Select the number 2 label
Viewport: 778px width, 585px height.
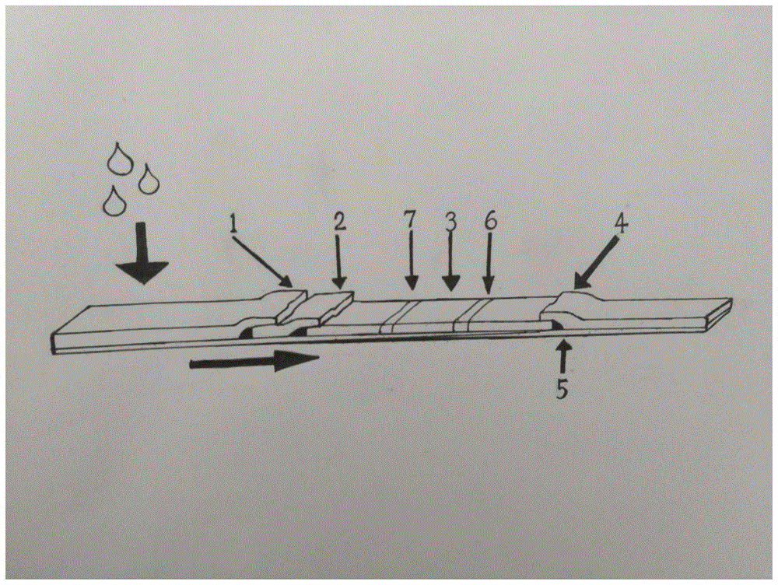point(339,221)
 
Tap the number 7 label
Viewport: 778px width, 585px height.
point(411,221)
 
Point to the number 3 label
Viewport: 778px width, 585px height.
point(450,222)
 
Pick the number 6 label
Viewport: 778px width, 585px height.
point(489,220)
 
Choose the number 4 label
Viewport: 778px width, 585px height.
point(620,224)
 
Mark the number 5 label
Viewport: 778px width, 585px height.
point(562,390)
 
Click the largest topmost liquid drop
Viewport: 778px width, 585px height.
point(119,158)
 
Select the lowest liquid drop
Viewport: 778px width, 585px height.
point(114,201)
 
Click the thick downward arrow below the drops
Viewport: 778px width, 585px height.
point(142,254)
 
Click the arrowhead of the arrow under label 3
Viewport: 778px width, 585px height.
point(450,282)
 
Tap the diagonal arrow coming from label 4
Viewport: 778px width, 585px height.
point(595,263)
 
